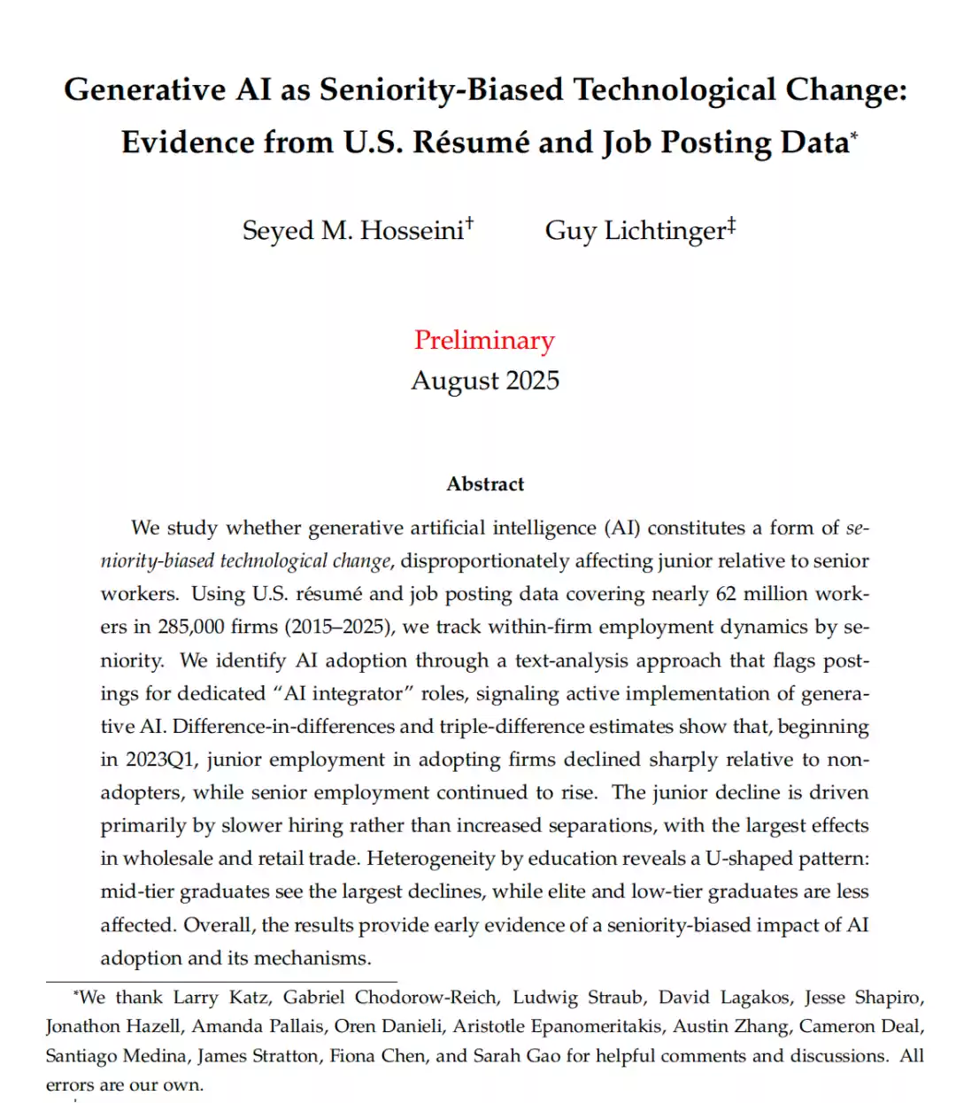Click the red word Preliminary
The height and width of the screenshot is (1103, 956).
pyautogui.click(x=484, y=340)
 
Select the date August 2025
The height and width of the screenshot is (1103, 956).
pyautogui.click(x=485, y=381)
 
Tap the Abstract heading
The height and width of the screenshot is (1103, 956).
pyautogui.click(x=485, y=484)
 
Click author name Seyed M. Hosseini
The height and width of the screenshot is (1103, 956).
pyautogui.click(x=353, y=230)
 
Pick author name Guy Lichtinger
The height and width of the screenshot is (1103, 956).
pyautogui.click(x=636, y=230)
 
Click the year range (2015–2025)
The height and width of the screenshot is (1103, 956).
pyautogui.click(x=343, y=627)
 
